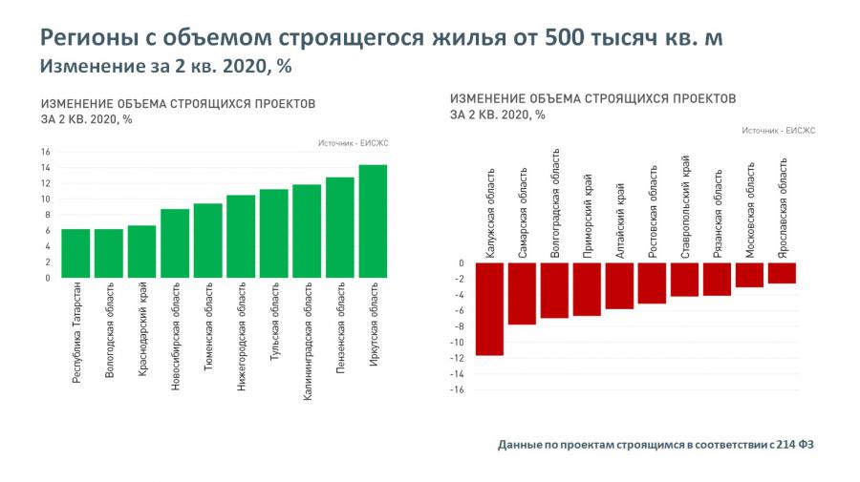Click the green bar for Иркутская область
click(x=373, y=221)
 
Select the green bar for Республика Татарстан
click(x=75, y=253)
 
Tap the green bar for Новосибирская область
click(x=175, y=243)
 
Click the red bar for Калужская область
click(x=489, y=308)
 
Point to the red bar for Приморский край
click(x=587, y=289)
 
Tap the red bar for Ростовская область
click(x=652, y=283)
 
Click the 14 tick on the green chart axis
click(x=45, y=167)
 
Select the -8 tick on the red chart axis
click(x=460, y=326)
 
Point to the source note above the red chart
click(x=778, y=132)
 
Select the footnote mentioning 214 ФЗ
click(x=660, y=445)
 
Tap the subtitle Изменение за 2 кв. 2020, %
click(x=165, y=67)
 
